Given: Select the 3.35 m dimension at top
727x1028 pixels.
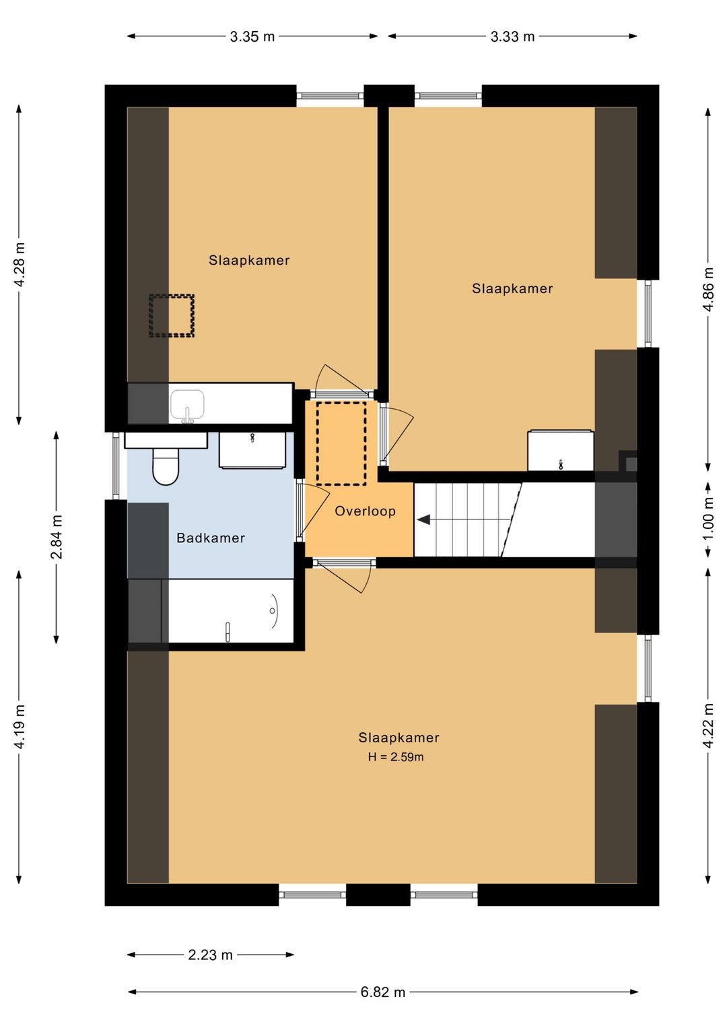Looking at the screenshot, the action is [x=252, y=36].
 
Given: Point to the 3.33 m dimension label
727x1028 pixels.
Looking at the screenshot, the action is [x=512, y=36].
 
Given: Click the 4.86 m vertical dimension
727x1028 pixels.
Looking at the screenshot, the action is [x=709, y=290].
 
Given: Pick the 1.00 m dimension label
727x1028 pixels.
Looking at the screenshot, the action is [x=709, y=520].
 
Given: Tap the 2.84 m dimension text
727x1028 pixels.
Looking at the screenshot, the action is [x=57, y=537].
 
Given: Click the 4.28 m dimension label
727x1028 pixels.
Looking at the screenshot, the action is [x=20, y=264].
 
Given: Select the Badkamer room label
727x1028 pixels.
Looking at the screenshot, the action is [x=211, y=538].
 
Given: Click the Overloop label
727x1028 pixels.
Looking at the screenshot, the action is [x=365, y=511].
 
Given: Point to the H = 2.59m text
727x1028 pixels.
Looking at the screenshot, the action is [x=396, y=757].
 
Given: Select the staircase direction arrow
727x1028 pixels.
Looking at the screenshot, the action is [x=423, y=519].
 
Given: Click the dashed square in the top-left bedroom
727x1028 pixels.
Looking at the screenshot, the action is [x=172, y=316].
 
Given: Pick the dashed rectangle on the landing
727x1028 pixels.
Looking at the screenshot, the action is [x=341, y=443].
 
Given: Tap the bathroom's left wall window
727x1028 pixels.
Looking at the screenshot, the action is [x=116, y=465].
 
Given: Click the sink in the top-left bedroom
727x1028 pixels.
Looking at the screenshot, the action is [x=187, y=406].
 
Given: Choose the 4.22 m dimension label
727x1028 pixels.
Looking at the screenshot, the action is [x=709, y=726].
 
